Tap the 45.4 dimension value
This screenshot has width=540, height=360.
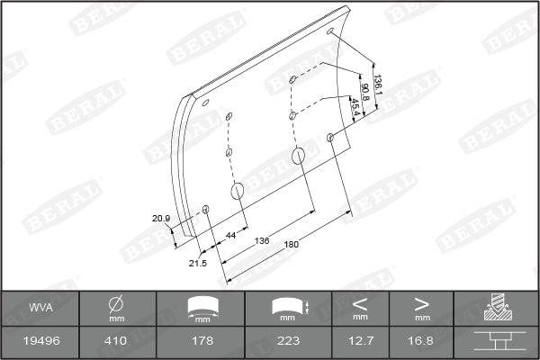(x=355, y=107)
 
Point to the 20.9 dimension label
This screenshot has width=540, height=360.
(x=161, y=219)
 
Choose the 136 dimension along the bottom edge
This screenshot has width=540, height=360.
(x=262, y=240)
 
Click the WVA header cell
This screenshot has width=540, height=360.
(x=39, y=307)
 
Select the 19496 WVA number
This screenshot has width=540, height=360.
(x=39, y=341)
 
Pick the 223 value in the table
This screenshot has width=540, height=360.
(x=288, y=341)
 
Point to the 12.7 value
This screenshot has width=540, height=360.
(x=360, y=341)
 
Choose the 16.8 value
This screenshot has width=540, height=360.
(x=422, y=341)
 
